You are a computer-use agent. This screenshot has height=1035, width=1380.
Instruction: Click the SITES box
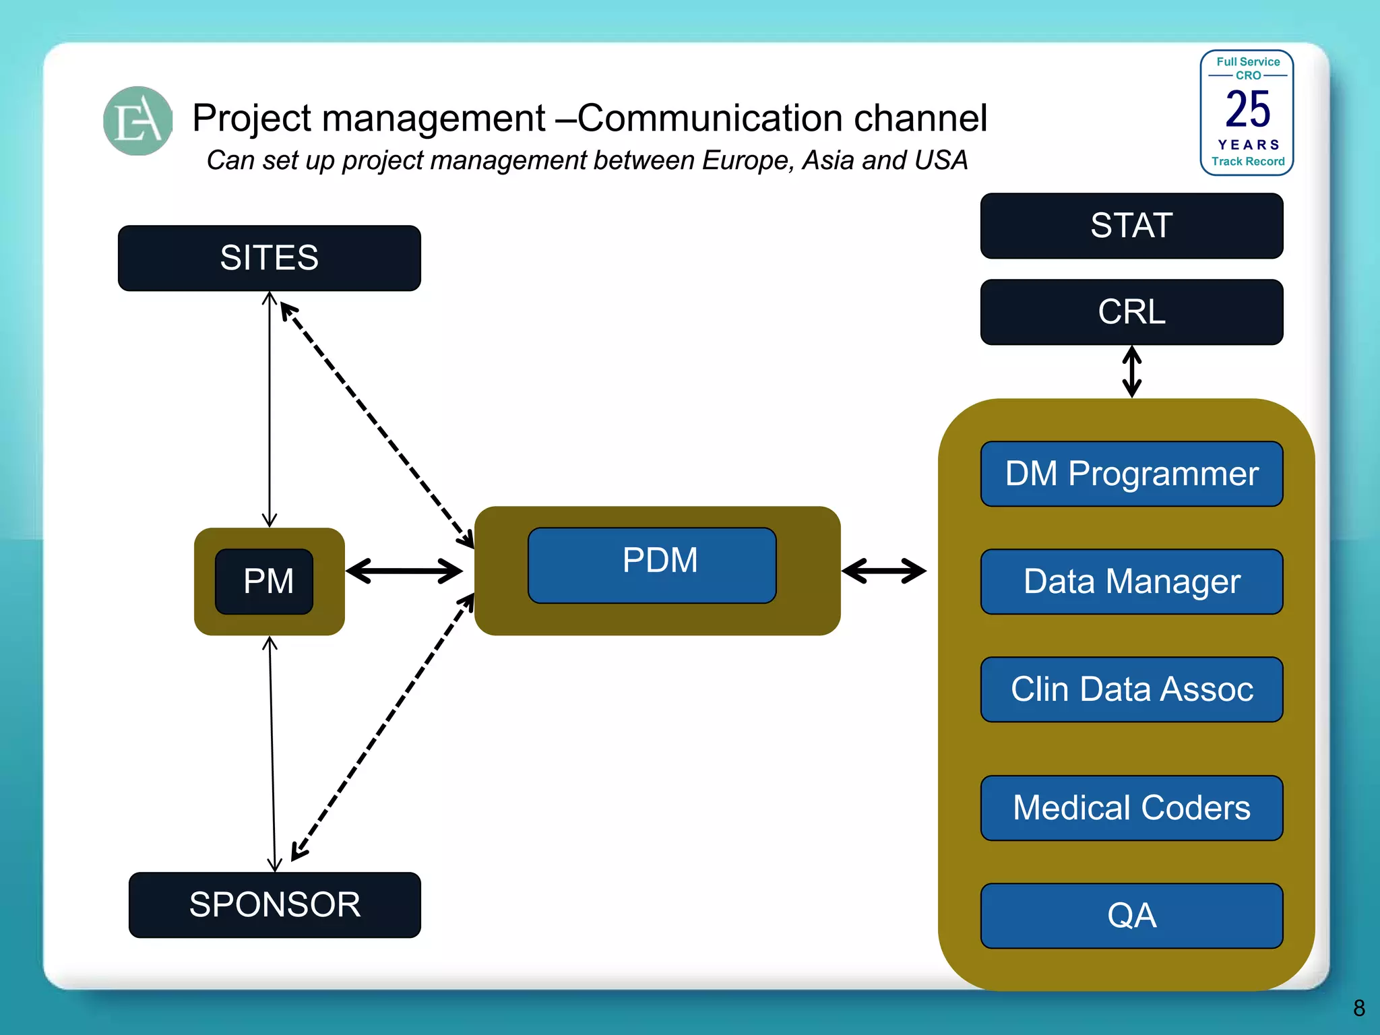click(269, 258)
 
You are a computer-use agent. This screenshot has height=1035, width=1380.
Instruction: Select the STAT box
click(1131, 226)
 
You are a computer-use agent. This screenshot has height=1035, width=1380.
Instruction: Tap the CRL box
click(1131, 312)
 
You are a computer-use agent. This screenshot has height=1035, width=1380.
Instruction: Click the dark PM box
click(265, 581)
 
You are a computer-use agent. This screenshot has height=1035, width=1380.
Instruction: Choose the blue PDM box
click(652, 565)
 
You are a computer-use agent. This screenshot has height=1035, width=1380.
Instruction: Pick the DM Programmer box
click(1131, 474)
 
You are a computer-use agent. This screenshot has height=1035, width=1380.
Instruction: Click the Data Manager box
click(1131, 582)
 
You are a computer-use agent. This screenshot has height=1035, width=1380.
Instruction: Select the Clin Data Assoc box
click(1131, 689)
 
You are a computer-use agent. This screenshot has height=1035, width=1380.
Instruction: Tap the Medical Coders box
click(1131, 808)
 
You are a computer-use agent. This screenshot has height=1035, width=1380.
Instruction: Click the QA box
click(1131, 916)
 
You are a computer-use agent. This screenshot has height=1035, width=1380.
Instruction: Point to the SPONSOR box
click(274, 905)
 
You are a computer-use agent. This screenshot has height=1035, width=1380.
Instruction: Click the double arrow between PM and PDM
click(404, 571)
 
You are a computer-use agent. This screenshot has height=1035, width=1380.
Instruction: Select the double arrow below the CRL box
click(1131, 371)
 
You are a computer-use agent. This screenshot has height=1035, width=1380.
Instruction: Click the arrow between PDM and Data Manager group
click(883, 571)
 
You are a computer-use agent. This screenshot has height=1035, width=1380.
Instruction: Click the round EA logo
click(138, 121)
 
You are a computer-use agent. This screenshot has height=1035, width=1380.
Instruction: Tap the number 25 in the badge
click(1247, 109)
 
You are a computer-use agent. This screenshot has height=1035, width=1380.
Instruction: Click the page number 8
click(1358, 1008)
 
